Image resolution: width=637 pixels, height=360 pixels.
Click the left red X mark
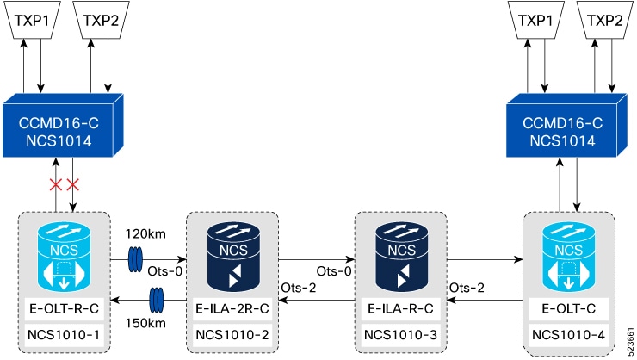[x=56, y=185]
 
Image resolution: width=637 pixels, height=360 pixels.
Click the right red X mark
[x=72, y=185]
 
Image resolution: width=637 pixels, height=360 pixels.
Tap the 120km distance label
[x=145, y=234]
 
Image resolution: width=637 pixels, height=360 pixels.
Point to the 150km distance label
[x=145, y=324]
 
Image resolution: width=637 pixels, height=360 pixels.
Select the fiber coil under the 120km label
[x=135, y=259]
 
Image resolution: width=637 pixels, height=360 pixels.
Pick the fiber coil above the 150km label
[x=157, y=301]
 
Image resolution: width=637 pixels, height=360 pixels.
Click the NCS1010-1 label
[x=64, y=335]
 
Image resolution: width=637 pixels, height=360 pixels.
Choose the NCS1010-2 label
[x=232, y=335]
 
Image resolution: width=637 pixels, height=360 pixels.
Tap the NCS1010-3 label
[x=400, y=335]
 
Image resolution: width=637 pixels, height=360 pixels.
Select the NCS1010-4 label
[x=569, y=335]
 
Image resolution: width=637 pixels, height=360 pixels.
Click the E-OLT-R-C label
[x=65, y=309]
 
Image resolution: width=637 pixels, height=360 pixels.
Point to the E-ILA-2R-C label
[x=232, y=309]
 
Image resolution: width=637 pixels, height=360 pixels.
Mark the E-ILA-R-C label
[x=400, y=309]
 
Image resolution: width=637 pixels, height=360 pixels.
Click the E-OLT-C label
[x=569, y=309]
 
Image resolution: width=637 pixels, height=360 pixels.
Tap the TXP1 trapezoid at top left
[x=32, y=20]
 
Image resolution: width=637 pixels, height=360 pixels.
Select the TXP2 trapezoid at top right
[x=604, y=20]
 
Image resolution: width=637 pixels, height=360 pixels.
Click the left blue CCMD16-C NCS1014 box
[x=63, y=126]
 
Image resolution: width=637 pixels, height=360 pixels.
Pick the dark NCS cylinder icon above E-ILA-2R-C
[x=233, y=257]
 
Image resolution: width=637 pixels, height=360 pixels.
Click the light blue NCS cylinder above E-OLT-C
[x=569, y=257]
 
